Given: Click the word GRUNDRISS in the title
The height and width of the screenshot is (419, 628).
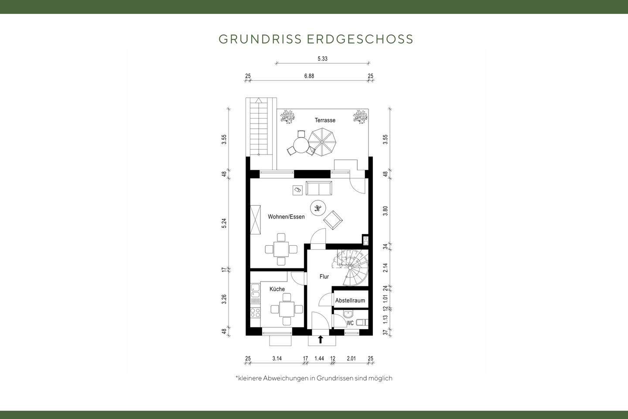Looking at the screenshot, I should tap(260, 39).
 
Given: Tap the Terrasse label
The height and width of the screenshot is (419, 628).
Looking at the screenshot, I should tap(325, 120).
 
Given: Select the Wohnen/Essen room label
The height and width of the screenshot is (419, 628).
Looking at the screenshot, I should tap(286, 216).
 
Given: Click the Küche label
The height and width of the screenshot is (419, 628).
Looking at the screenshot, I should tap(277, 289).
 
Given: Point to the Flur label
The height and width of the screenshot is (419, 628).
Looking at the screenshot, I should tap(324, 277).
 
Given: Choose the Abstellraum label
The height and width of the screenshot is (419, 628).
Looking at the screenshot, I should tap(350, 300).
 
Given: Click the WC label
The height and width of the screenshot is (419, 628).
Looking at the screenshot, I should tap(350, 323).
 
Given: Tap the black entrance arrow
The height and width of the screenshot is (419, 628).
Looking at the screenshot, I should tap(321, 339).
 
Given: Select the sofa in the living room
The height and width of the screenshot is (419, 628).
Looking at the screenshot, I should tap(319, 188).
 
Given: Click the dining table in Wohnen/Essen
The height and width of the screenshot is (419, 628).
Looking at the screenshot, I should tap(281, 249).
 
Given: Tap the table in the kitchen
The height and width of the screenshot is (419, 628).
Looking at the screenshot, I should tap(287, 309).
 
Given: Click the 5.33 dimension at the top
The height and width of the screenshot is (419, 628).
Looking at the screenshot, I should tap(322, 58).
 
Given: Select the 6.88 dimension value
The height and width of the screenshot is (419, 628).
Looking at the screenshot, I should tap(309, 76).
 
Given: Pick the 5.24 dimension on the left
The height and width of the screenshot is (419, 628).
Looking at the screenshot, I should tap(224, 223).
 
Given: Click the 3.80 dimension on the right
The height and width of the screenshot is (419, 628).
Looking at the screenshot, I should tap(385, 211).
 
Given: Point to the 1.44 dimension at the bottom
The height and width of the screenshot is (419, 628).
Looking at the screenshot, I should tap(319, 358).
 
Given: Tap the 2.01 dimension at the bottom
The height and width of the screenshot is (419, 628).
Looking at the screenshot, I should tap(351, 358).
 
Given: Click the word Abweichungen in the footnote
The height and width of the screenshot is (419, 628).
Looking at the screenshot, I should tap(285, 378).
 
